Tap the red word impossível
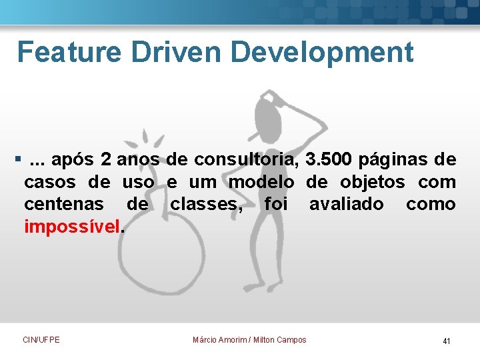pos(73,227)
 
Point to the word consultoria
pos(247,160)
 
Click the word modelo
pos(261,182)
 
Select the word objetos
pos(372,182)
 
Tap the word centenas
pos(64,204)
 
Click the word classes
pos(207,204)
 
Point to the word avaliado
pos(346,204)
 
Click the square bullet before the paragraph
pos(17,160)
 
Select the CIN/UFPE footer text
pos(41,340)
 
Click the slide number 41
pos(446,341)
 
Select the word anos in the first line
pos(139,160)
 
